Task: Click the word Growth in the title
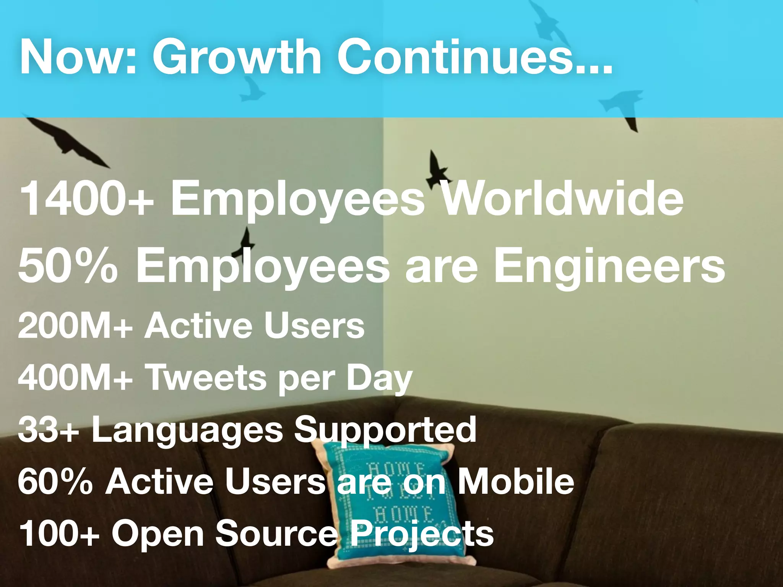click(237, 57)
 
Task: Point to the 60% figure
click(55, 482)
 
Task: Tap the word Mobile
click(516, 482)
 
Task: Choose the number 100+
click(59, 533)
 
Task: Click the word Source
click(276, 533)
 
